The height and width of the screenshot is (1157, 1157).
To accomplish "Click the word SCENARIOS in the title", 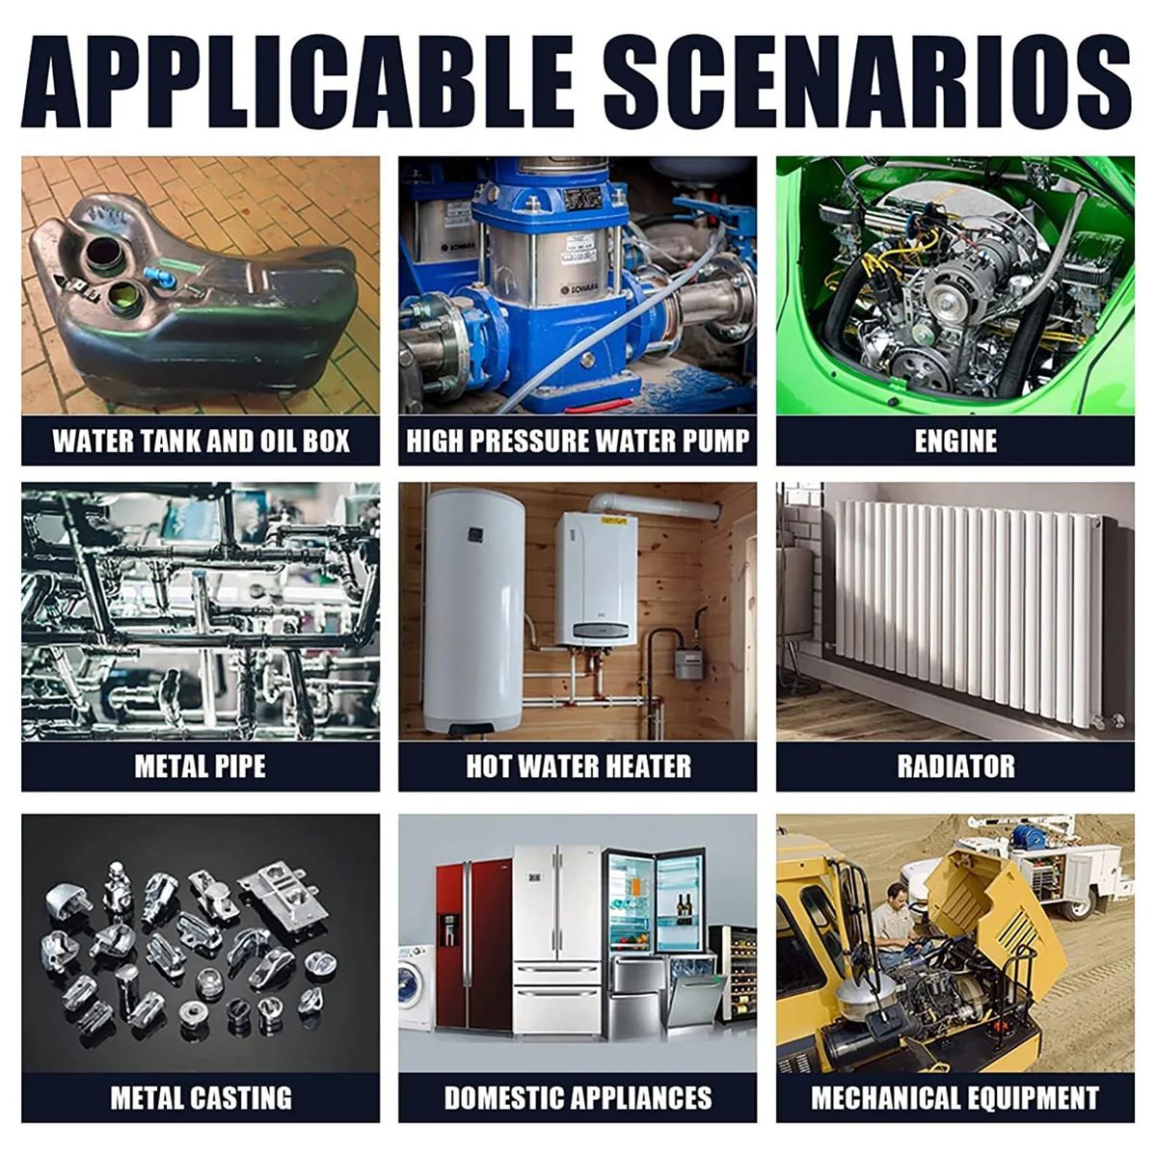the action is pyautogui.click(x=868, y=81).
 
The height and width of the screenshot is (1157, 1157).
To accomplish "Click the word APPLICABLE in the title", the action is pyautogui.click(x=297, y=81).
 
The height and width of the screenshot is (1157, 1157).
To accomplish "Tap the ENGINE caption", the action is pyautogui.click(x=955, y=441).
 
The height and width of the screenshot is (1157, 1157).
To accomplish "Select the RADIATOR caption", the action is pyautogui.click(x=955, y=767).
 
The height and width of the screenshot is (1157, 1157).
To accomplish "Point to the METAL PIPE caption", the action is pyautogui.click(x=200, y=767).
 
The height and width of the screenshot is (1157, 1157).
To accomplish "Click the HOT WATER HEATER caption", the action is pyautogui.click(x=578, y=767).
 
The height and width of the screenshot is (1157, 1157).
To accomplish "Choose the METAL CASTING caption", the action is pyautogui.click(x=202, y=1098).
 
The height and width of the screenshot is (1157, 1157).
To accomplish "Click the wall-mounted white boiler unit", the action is pyautogui.click(x=596, y=580).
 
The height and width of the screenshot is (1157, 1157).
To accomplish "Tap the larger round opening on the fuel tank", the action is pyautogui.click(x=107, y=255).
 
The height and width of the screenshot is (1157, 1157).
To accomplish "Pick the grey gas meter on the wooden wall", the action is pyautogui.click(x=688, y=663).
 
